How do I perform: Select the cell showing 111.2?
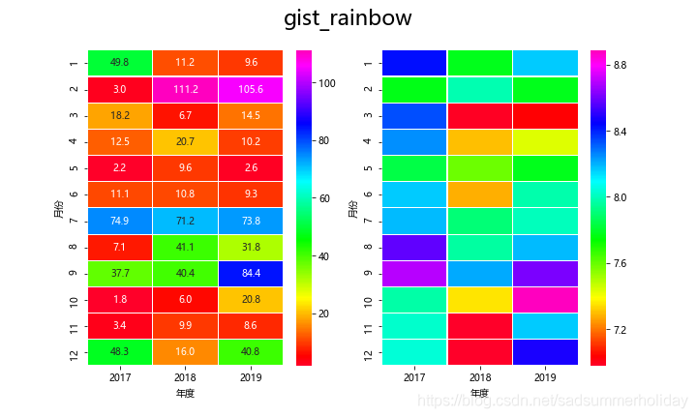185,89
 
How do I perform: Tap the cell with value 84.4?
251,273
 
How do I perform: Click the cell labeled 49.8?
120,63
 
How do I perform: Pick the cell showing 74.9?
120,221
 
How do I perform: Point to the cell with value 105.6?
251,89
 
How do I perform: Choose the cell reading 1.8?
120,299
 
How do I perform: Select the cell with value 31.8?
251,247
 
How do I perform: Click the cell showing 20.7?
185,141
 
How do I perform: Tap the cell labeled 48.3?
120,352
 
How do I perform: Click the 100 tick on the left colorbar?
325,83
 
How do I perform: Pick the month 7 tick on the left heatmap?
75,221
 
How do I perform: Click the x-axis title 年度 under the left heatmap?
185,395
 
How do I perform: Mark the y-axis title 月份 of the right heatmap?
351,207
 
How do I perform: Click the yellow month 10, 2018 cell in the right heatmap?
479,299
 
